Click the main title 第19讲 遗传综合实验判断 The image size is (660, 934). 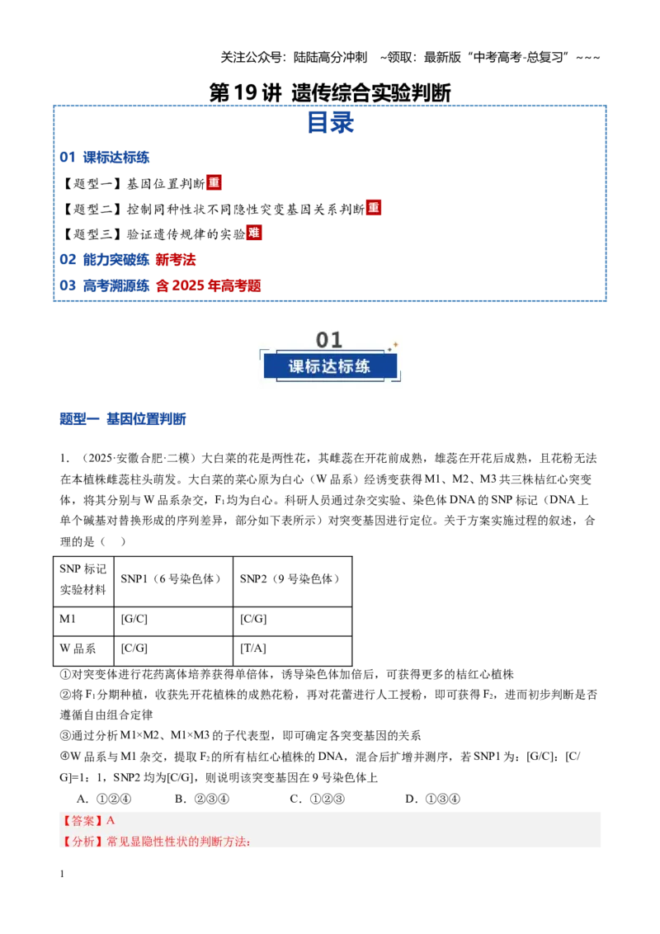[330, 92]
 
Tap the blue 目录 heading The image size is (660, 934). [330, 123]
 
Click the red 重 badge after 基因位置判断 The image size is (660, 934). [214, 182]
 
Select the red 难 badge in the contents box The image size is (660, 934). [254, 233]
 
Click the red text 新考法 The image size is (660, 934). [176, 260]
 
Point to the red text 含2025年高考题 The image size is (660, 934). [209, 286]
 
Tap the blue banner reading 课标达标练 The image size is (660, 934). [330, 366]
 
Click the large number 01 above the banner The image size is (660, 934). [329, 340]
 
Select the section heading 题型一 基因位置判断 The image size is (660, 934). [123, 419]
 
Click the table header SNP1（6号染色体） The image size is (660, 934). [171, 579]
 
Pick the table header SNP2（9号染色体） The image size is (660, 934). [290, 579]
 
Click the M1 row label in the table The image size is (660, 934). [68, 619]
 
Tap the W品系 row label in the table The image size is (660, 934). [78, 648]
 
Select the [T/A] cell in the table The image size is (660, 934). [253, 648]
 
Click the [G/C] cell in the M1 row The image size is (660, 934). [134, 619]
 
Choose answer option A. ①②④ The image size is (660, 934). [104, 799]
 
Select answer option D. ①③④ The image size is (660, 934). [432, 799]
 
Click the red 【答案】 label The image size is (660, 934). [82, 821]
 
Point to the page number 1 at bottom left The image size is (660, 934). [62, 874]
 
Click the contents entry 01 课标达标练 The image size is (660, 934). [104, 158]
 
